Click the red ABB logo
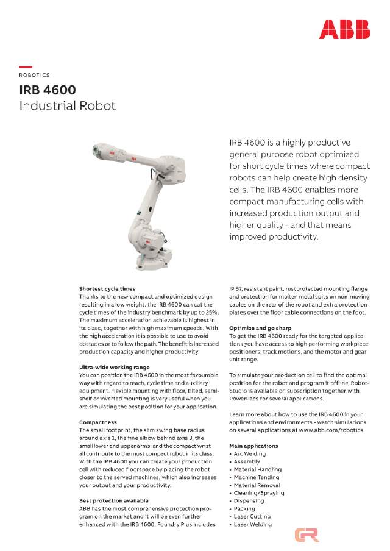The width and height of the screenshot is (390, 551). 344,29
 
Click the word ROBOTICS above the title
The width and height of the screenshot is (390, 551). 34,75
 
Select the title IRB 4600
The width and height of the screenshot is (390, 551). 48,90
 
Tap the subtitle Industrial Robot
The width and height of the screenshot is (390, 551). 67,105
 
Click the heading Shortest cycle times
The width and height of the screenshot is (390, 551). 107,288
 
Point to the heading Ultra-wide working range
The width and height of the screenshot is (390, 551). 114,367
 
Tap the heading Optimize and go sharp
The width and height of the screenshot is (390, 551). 260,328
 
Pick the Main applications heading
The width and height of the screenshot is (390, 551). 253,446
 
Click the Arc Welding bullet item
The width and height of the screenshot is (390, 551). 250,453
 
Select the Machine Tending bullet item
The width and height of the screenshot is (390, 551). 257,477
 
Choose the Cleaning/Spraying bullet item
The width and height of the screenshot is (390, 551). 259,493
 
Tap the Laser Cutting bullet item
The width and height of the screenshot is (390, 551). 252,516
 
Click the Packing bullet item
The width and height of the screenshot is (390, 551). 244,508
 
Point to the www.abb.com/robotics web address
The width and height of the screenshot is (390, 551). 331,430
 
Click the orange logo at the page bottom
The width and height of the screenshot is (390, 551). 307,535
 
